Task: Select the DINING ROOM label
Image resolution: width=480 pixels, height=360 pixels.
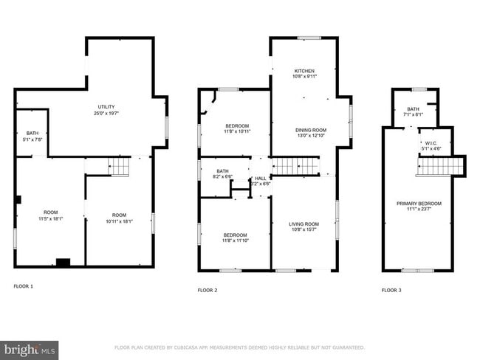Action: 311,131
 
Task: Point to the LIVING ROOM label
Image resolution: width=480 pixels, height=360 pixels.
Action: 304,224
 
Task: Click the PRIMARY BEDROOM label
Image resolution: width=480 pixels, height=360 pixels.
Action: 418,204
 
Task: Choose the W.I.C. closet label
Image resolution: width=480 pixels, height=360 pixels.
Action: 431,143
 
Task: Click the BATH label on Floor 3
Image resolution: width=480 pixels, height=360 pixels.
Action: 412,110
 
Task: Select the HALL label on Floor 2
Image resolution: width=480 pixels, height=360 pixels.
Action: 261,179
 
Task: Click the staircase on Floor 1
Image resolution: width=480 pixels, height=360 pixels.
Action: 120,167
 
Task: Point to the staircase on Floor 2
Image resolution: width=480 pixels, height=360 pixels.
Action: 295,167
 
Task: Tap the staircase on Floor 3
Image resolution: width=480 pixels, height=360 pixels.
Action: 436,167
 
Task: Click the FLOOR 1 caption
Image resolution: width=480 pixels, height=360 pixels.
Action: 24,285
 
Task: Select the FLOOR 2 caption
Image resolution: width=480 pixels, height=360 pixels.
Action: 208,290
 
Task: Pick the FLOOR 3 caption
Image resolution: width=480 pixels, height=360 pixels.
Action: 391,290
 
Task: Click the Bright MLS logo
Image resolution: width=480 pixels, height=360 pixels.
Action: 30,349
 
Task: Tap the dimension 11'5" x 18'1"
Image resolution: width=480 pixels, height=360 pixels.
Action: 51,218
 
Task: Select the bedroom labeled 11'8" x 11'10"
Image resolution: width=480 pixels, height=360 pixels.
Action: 236,237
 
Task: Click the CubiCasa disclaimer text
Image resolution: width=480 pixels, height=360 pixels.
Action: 239,347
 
